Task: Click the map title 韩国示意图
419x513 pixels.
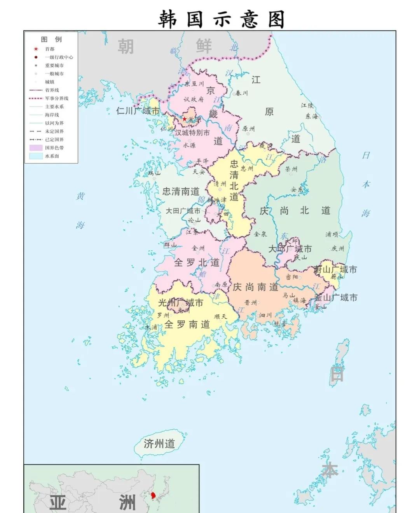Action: [221, 19]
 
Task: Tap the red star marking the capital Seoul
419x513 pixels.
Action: [184, 119]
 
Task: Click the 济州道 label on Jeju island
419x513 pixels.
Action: [159, 443]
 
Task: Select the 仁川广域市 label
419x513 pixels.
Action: [138, 111]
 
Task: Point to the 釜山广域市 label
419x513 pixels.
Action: [336, 298]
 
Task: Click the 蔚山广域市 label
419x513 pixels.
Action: [335, 269]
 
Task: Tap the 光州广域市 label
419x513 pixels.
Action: [180, 302]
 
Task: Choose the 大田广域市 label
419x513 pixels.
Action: [183, 211]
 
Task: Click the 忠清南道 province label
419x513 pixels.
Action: [181, 191]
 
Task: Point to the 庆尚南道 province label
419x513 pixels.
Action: [255, 287]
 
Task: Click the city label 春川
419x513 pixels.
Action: [241, 93]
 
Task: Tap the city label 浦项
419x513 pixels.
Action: [332, 234]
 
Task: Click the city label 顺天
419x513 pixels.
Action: [220, 316]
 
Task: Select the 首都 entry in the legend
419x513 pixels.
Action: [49, 49]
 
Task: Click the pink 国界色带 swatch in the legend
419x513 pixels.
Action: [36, 148]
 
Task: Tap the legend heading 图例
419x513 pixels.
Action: [51, 39]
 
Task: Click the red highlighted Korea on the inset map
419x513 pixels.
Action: [154, 496]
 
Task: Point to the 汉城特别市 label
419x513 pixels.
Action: [192, 133]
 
